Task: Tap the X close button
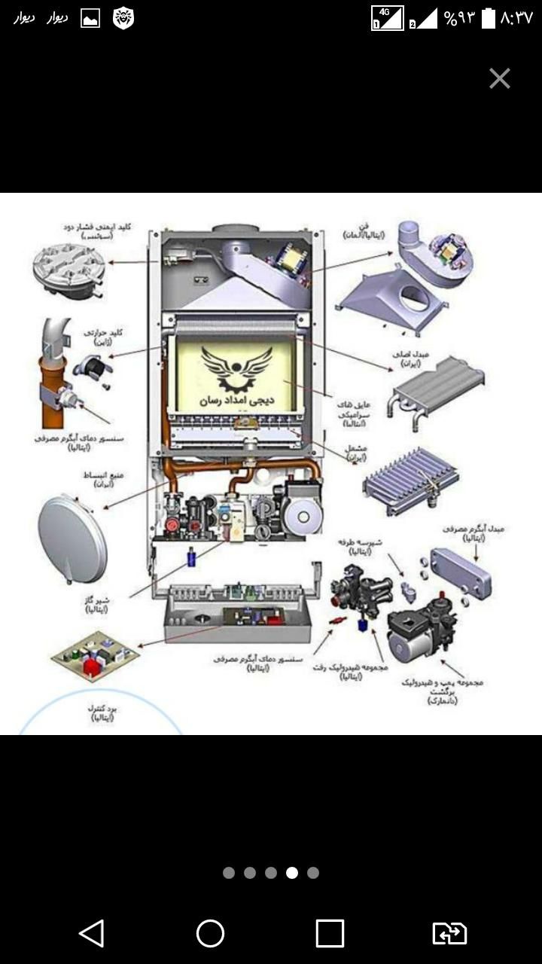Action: point(500,78)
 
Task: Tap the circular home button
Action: point(210,934)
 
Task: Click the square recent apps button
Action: point(330,934)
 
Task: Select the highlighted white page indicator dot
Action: point(292,873)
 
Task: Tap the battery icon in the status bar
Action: point(489,18)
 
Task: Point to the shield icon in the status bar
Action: point(123,18)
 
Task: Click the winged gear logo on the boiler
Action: point(236,367)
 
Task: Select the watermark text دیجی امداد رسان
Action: point(236,401)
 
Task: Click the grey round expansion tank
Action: point(72,539)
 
